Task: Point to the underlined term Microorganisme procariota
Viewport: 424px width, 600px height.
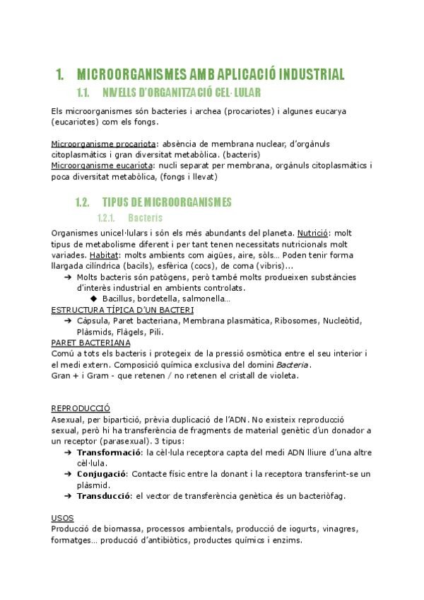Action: pos(104,144)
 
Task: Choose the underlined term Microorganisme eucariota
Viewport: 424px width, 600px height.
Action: pos(103,165)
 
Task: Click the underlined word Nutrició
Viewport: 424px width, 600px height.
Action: pos(313,232)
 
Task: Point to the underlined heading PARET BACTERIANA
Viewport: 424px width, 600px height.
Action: pos(90,342)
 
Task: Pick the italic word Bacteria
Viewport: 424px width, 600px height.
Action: pos(293,364)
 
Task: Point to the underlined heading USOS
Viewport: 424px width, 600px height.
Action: pos(62,518)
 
